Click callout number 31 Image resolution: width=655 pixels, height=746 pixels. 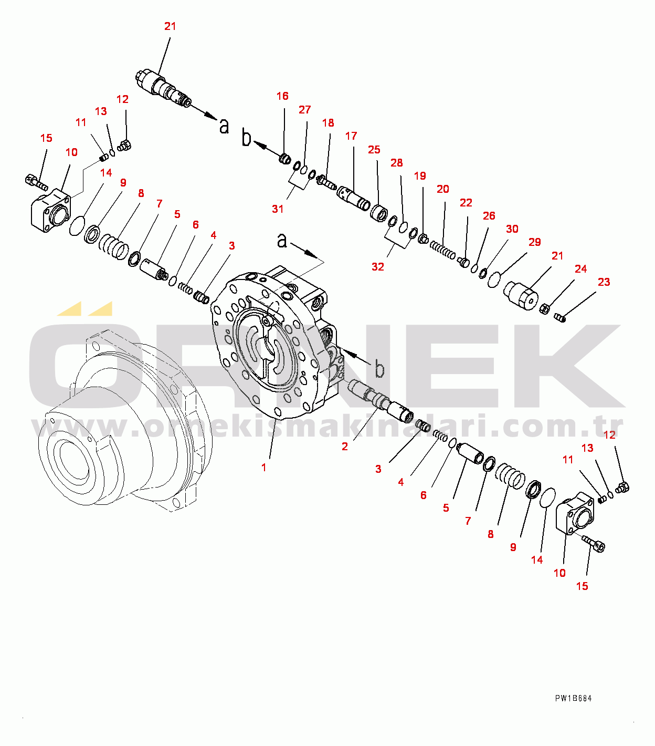click(x=278, y=209)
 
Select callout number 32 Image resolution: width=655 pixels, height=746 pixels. click(x=378, y=266)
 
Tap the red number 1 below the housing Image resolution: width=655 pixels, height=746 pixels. click(x=263, y=468)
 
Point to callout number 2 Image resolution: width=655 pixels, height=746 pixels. click(x=344, y=447)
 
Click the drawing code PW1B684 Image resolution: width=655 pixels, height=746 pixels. click(x=573, y=698)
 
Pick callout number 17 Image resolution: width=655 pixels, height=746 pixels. click(x=351, y=136)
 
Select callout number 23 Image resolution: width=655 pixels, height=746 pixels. click(x=604, y=282)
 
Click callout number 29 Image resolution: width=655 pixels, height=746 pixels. click(x=535, y=242)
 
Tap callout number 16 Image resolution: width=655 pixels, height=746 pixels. click(x=282, y=96)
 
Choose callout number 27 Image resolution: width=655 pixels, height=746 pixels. click(x=305, y=109)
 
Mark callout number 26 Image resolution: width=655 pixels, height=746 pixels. click(x=489, y=216)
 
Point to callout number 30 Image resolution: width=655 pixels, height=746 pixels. click(x=512, y=229)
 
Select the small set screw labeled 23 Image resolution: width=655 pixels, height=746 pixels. click(x=559, y=317)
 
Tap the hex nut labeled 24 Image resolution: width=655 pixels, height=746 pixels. click(x=545, y=308)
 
